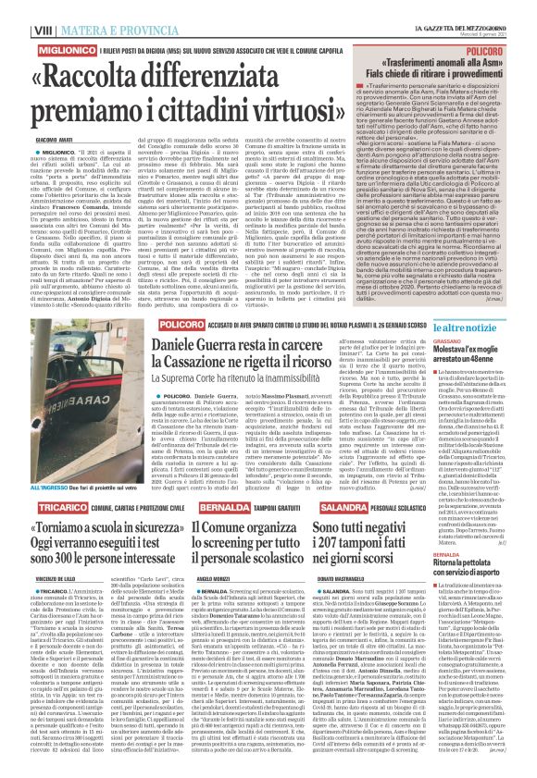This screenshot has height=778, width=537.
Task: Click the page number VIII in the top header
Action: [x=16, y=7]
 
